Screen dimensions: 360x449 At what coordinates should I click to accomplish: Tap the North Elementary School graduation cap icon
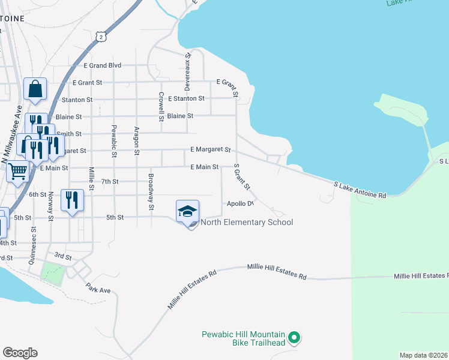[x=187, y=211]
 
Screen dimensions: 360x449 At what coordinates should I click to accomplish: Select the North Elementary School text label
[x=247, y=223]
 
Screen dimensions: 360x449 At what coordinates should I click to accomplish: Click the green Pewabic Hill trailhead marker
[x=294, y=338]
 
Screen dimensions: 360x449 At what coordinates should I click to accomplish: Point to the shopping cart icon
[x=18, y=171]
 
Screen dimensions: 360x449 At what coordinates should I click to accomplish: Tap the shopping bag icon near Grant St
[x=35, y=89]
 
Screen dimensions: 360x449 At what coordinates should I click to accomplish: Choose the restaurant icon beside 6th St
[x=72, y=200]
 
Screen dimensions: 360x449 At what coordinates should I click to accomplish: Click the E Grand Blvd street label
[x=103, y=65]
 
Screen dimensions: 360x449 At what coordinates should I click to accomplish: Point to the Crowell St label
[x=161, y=106]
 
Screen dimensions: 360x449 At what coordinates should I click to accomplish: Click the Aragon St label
[x=137, y=141]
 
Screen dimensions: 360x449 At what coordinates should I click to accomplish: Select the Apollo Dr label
[x=240, y=204]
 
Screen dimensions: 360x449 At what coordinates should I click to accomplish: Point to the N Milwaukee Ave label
[x=12, y=135]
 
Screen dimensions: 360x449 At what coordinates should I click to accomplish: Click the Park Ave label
[x=98, y=290]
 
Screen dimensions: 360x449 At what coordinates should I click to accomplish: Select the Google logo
[x=20, y=353]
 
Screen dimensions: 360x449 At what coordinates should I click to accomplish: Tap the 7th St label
[x=110, y=181]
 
